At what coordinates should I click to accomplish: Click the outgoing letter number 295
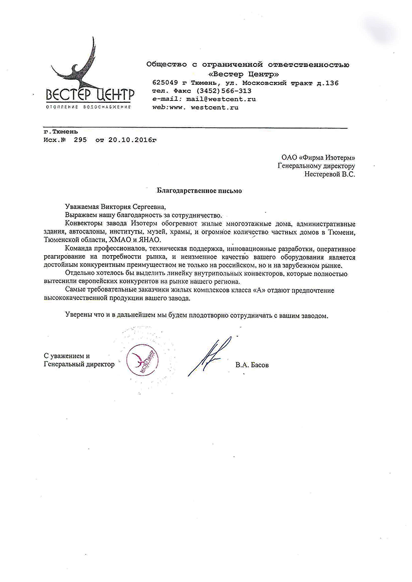point(80,140)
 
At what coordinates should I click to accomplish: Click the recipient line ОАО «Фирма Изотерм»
point(318,157)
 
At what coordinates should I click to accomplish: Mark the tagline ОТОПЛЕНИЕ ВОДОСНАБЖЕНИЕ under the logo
point(88,106)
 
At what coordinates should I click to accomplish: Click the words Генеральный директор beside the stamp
point(79,364)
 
